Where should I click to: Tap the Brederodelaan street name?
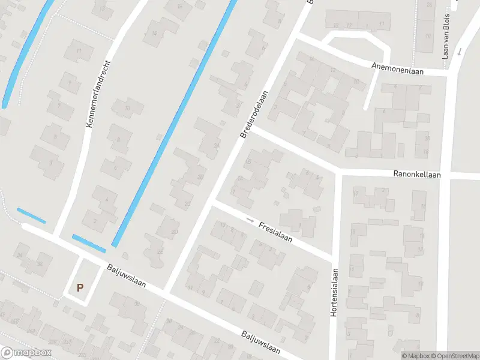tap(254, 115)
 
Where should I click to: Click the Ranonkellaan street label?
tap(417, 175)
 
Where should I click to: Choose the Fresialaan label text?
tap(275, 231)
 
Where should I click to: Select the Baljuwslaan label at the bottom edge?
tap(262, 342)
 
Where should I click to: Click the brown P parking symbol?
tap(80, 288)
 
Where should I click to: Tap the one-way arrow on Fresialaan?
tap(250, 220)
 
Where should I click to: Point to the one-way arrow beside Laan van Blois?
tap(459, 52)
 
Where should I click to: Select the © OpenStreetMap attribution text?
tap(456, 356)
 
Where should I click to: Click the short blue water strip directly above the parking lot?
tap(89, 242)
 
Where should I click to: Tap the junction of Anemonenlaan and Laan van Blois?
tap(448, 75)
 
